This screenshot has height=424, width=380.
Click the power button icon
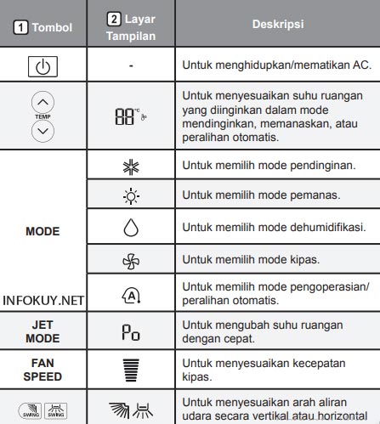44,65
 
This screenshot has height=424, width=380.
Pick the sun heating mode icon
130,196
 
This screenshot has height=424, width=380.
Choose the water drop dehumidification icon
130,229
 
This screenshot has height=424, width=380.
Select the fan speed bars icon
130,367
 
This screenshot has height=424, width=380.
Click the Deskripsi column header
276,25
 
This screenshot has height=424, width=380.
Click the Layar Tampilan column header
130,25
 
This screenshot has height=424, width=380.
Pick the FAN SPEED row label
43,368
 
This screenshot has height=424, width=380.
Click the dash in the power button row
130,65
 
